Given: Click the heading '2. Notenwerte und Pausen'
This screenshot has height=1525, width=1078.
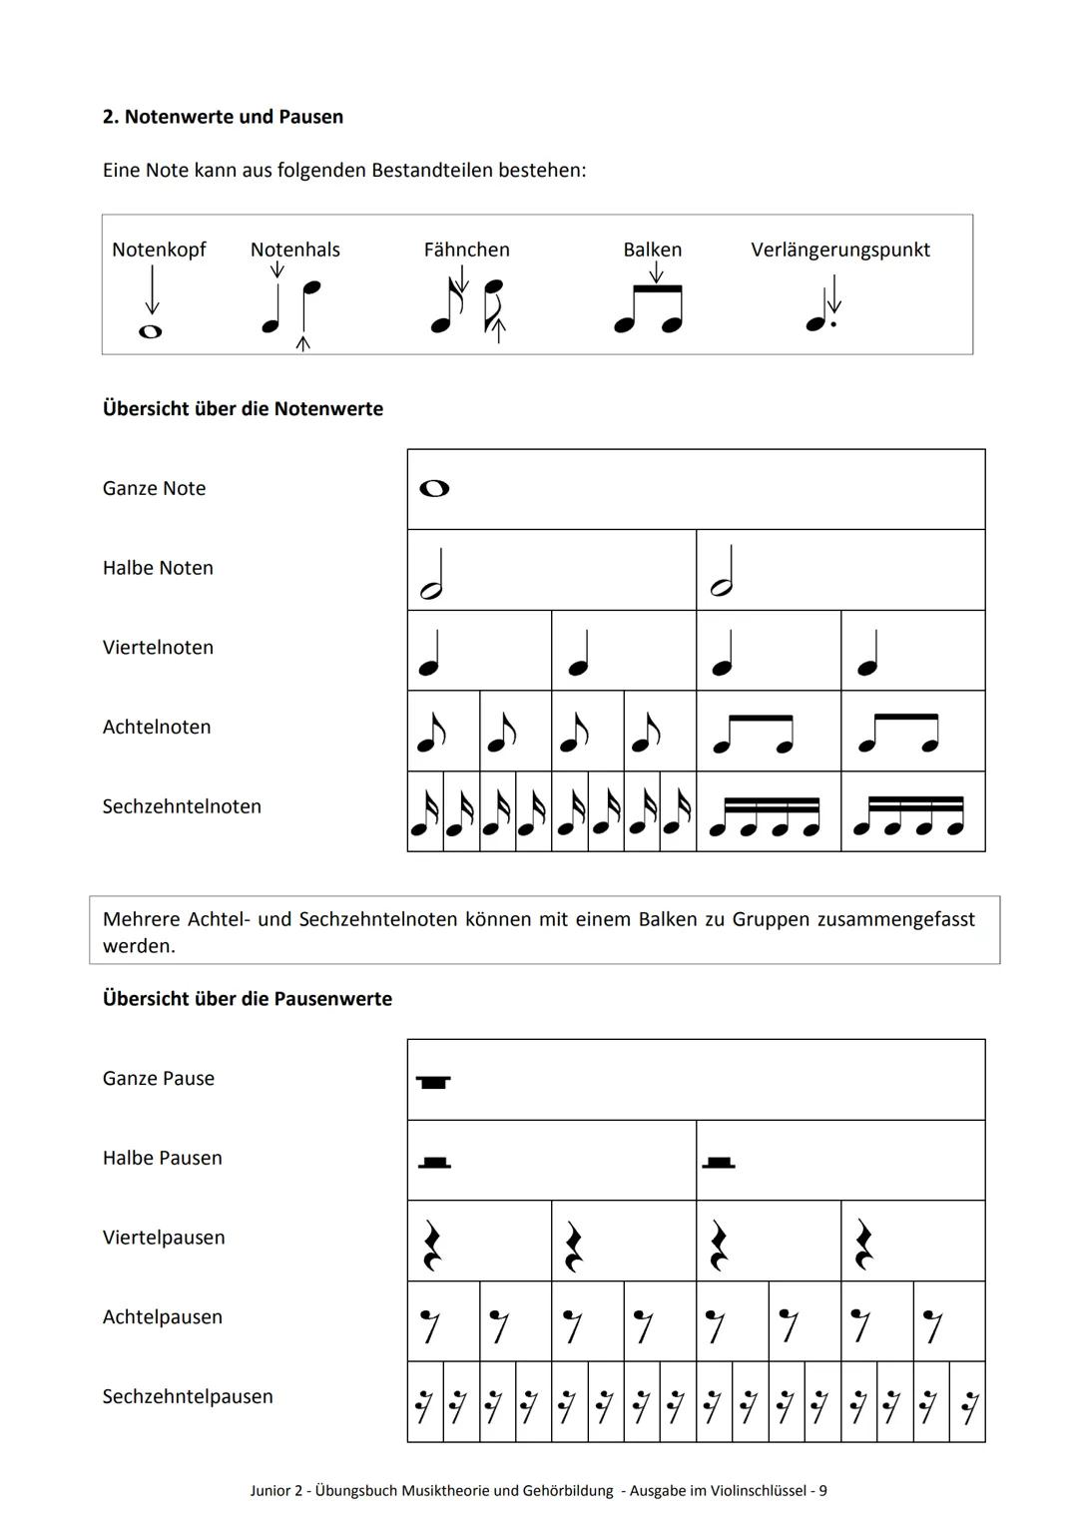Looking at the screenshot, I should click(x=223, y=117).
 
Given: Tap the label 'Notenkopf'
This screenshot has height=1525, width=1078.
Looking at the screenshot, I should click(x=159, y=250).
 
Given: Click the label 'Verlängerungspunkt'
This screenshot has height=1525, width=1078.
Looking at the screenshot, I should click(x=839, y=250).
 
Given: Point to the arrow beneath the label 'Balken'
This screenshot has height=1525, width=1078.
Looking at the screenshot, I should click(x=655, y=271).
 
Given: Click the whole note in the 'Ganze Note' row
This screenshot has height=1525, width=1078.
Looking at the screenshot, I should click(x=434, y=488).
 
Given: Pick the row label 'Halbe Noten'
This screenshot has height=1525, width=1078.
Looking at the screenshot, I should click(x=158, y=568).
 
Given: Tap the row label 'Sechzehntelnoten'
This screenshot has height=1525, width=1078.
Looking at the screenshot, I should click(x=182, y=806).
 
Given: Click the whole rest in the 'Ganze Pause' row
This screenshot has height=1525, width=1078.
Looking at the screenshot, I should click(x=433, y=1082).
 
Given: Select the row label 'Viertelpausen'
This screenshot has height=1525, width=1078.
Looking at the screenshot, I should click(x=164, y=1238).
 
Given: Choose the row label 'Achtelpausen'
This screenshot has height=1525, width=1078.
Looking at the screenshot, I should click(x=163, y=1317).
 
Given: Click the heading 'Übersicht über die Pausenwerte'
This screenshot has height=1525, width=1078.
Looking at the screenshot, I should click(x=248, y=999).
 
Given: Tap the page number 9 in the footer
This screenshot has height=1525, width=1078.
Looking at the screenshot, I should click(x=822, y=1491).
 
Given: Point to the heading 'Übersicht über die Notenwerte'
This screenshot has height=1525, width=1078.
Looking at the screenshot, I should click(x=243, y=409).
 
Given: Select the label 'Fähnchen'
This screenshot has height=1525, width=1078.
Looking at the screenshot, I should click(x=466, y=250).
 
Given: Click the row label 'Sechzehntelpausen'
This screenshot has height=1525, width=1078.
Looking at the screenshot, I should click(x=188, y=1397).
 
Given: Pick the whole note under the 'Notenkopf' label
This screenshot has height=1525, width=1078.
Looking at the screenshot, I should click(x=150, y=331).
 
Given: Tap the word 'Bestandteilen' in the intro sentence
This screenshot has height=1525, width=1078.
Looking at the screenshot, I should click(x=434, y=171).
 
